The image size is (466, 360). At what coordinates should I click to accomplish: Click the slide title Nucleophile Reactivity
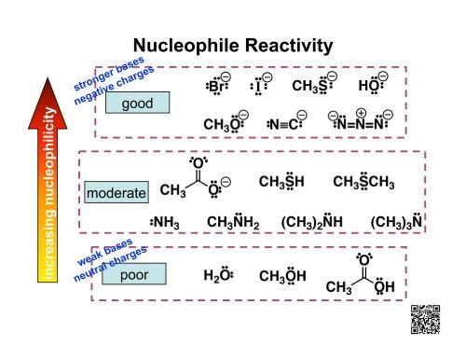coord(233,45)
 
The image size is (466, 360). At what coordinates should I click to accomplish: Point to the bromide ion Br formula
coord(218,86)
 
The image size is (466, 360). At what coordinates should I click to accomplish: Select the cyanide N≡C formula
coord(286,123)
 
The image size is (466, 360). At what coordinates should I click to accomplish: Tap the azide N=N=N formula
coord(361,122)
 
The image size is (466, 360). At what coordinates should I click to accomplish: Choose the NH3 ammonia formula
coord(165,222)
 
